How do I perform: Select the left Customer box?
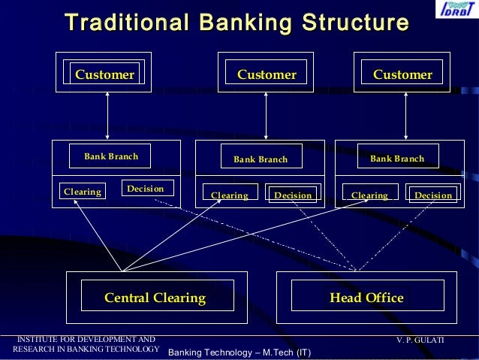point(104,74)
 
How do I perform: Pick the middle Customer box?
point(267,74)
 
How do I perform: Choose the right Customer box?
point(402,74)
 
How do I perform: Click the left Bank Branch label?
point(111,156)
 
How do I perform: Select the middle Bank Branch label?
point(261,159)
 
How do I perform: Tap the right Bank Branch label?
point(397,159)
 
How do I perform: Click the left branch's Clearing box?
point(83,192)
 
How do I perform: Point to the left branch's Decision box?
point(146,188)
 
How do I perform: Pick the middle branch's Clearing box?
point(230,195)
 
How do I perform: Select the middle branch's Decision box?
point(293,195)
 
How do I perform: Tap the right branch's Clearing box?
point(369,195)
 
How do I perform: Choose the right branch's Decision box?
point(433,195)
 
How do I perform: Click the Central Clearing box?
point(155,298)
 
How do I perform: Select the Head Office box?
point(366,298)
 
